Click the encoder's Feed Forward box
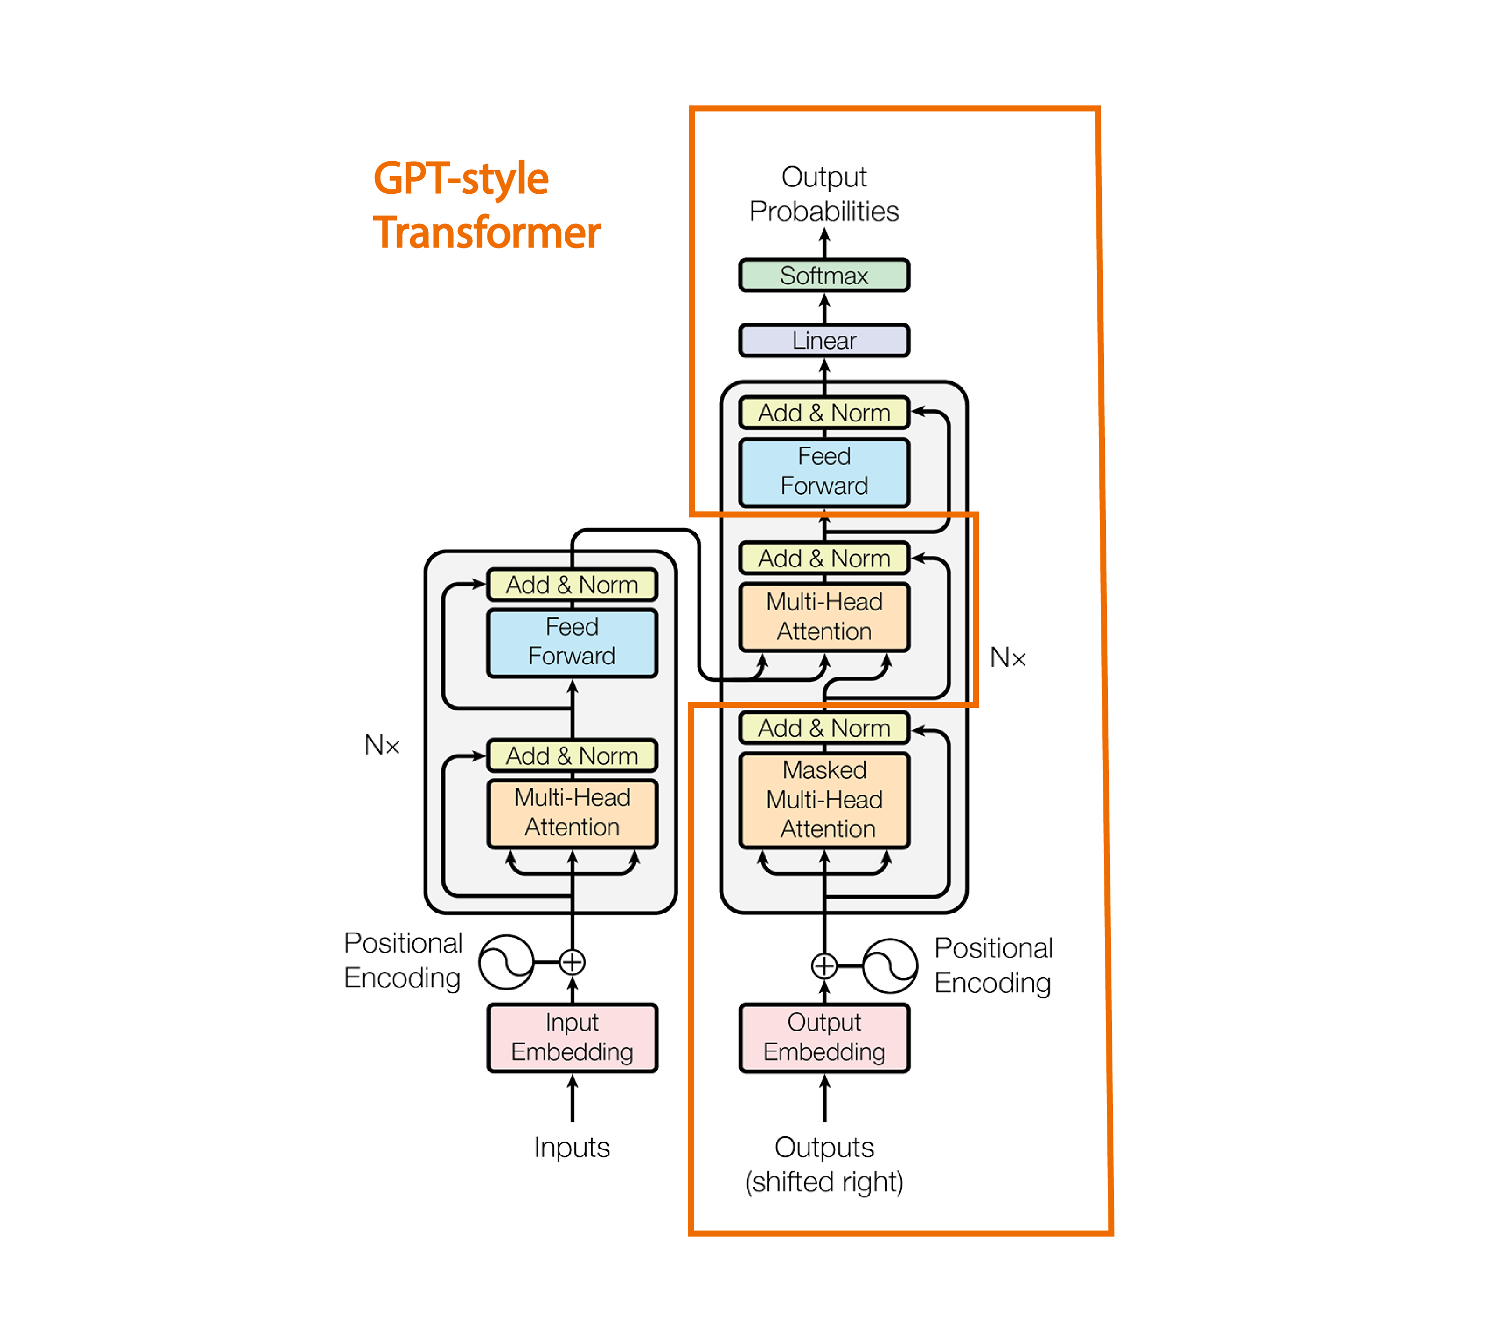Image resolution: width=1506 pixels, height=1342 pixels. pyautogui.click(x=572, y=642)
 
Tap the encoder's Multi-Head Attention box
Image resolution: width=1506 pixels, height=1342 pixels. pyautogui.click(x=572, y=812)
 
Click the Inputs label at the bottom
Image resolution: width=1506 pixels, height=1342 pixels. pyautogui.click(x=572, y=1147)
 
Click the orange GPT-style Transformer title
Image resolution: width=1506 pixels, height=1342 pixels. pyautogui.click(x=486, y=206)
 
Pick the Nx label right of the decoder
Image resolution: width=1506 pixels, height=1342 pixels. pyautogui.click(x=1007, y=657)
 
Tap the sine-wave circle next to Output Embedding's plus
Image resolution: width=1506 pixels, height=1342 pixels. pyautogui.click(x=890, y=965)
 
